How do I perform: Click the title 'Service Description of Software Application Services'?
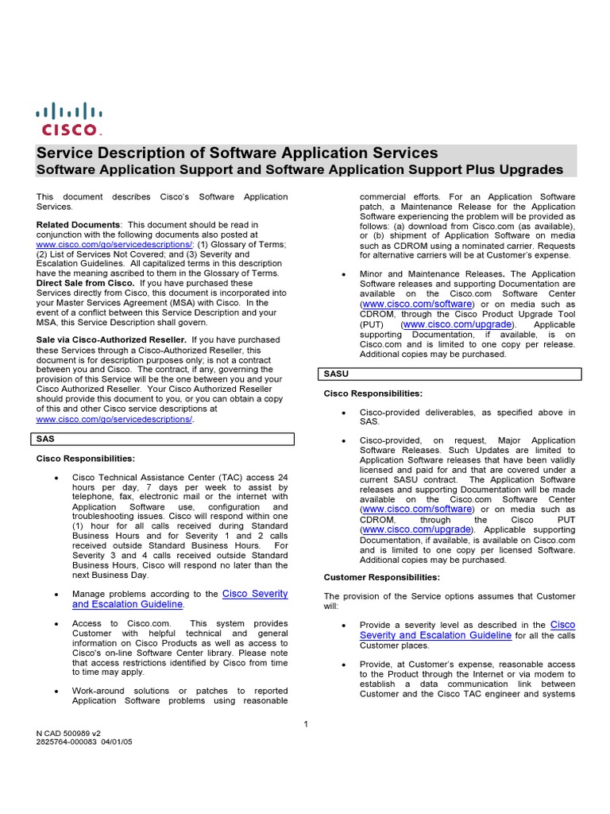click(237, 153)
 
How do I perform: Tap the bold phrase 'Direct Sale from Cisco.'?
click(86, 283)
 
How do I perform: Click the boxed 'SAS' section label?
click(45, 439)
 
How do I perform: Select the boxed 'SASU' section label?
click(337, 374)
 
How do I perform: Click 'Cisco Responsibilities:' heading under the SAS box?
click(86, 459)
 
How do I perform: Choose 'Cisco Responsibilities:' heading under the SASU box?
click(373, 393)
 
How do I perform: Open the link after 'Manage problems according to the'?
click(180, 599)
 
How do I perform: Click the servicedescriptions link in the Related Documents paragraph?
click(114, 245)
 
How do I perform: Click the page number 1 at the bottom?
click(306, 723)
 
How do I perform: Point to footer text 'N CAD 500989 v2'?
click(68, 733)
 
